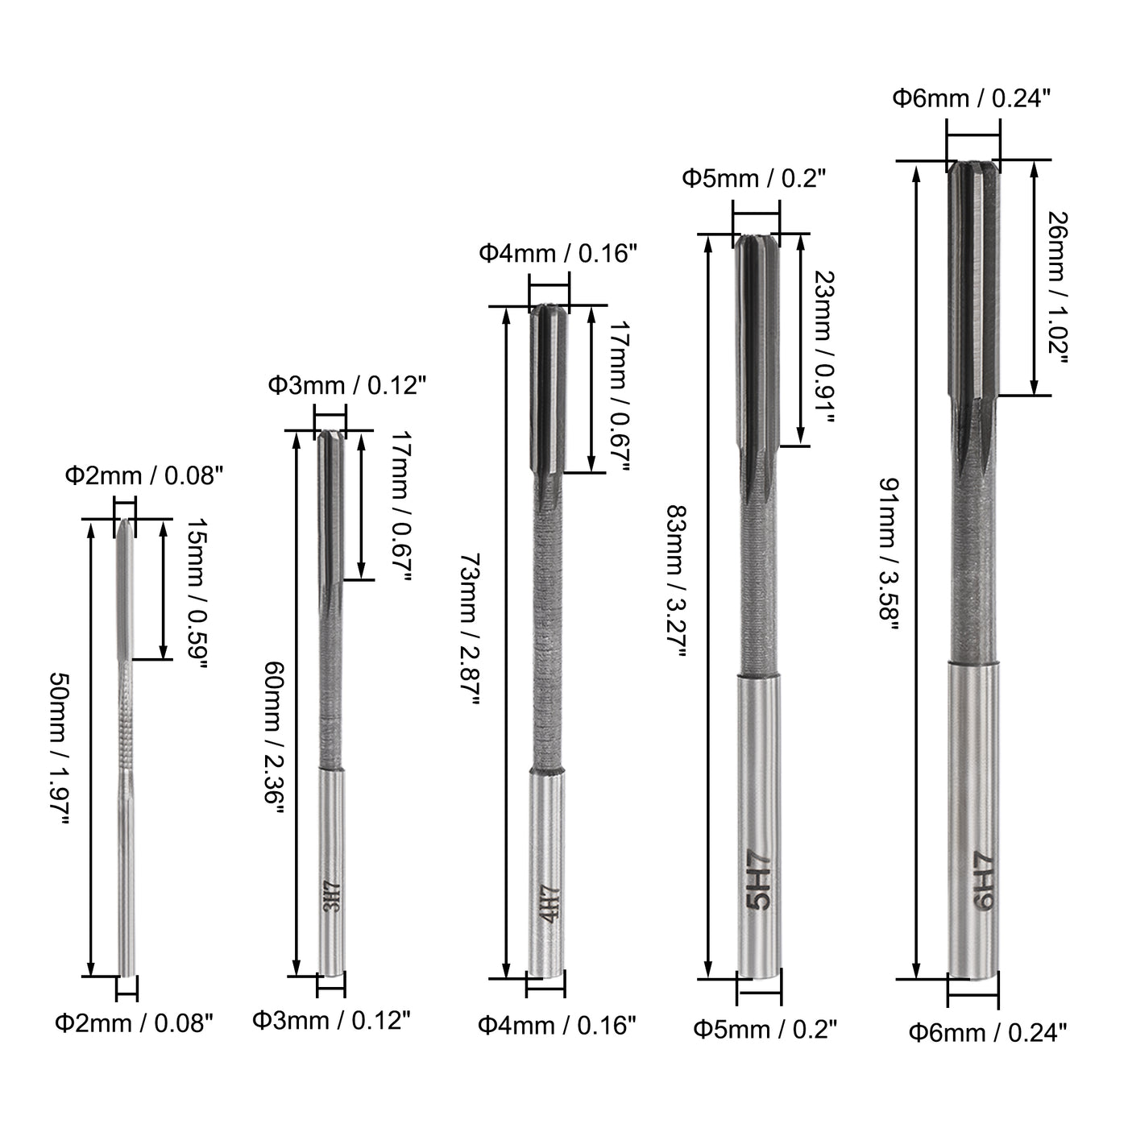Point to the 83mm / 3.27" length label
pos(677,581)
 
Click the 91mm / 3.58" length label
pos(889,554)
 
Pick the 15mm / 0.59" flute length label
pos(197,594)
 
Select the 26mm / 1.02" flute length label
pos(1057,288)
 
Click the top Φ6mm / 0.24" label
pos(972,98)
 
